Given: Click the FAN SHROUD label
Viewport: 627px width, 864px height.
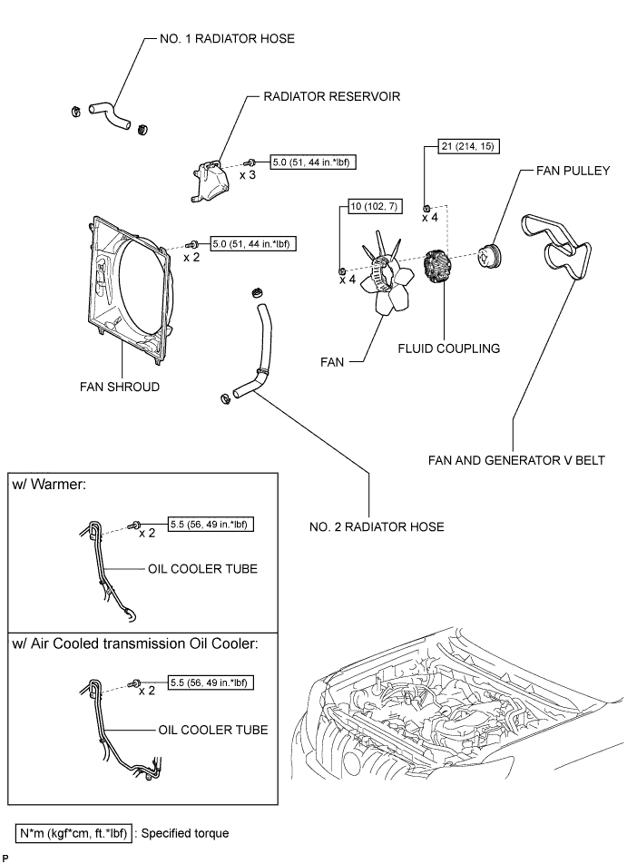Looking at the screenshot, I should [x=119, y=387].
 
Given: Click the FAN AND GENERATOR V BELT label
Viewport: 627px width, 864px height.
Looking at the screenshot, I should [x=516, y=460].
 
